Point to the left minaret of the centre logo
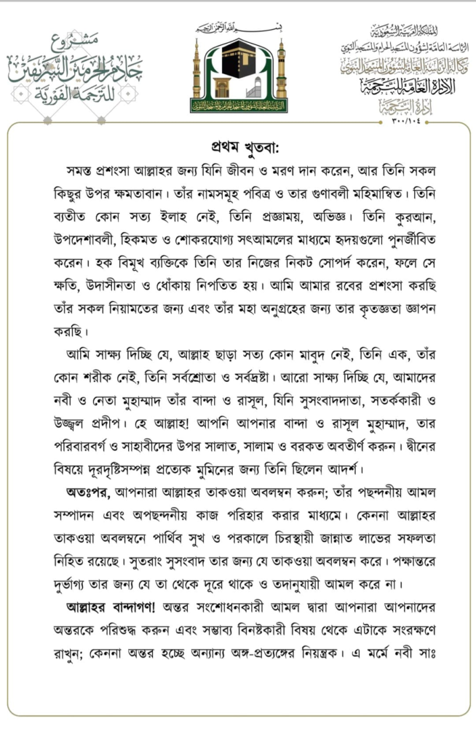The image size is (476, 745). (x=197, y=71)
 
